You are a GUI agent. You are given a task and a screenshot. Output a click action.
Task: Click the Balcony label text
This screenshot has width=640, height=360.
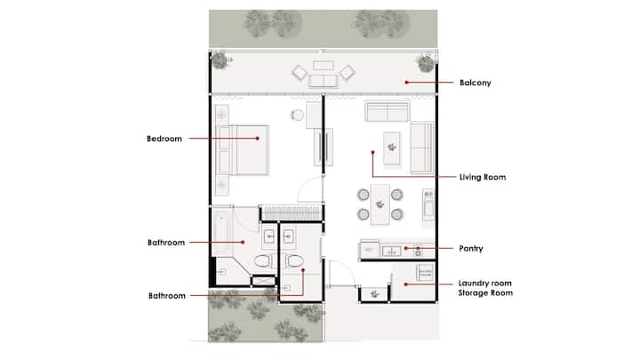click(475, 83)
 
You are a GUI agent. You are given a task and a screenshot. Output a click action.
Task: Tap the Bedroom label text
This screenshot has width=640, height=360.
click(164, 139)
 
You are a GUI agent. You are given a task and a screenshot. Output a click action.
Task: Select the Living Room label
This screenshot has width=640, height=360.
click(483, 177)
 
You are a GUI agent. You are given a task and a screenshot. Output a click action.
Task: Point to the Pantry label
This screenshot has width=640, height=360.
click(470, 248)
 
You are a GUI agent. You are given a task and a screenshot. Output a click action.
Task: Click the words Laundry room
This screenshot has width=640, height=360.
click(485, 283)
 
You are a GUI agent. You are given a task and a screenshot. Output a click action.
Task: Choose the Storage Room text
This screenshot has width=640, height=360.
click(485, 292)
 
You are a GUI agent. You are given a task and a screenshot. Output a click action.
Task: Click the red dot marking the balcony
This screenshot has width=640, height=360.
click(406, 83)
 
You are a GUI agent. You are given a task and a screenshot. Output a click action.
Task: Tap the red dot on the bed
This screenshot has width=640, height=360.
click(258, 139)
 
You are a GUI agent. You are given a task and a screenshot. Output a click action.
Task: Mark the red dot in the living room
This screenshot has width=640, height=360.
click(372, 152)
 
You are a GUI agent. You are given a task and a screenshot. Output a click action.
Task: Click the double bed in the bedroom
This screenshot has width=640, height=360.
click(244, 150)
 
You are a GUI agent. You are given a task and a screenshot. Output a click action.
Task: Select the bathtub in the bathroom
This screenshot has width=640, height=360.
click(222, 230)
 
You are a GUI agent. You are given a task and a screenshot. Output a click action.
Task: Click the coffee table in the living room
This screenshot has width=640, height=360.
click(392, 148)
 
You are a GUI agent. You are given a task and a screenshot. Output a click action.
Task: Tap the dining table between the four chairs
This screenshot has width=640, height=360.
click(380, 204)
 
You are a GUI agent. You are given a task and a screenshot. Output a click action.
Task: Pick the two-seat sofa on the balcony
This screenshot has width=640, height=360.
click(324, 81)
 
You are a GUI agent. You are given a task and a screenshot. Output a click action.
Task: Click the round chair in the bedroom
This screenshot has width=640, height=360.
click(298, 115)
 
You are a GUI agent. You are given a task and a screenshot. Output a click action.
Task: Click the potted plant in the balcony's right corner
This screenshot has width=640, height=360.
click(426, 63)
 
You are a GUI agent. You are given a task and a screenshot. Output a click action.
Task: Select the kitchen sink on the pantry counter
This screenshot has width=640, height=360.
click(391, 251)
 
